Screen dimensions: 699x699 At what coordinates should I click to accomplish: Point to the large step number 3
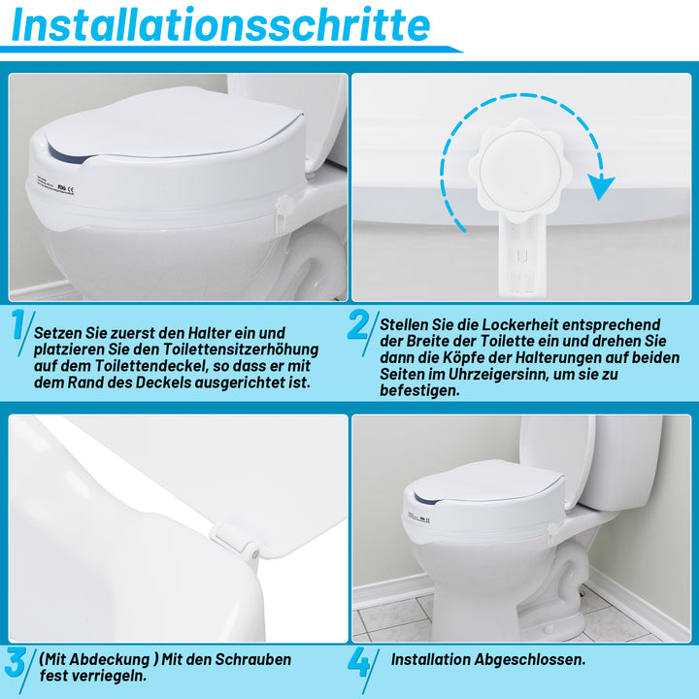[17, 664]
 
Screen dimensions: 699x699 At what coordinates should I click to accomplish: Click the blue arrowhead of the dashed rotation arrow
[603, 186]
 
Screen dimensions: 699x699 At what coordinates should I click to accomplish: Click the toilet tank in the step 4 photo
[621, 461]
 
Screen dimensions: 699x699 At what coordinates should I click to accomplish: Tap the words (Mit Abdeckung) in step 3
[93, 659]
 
